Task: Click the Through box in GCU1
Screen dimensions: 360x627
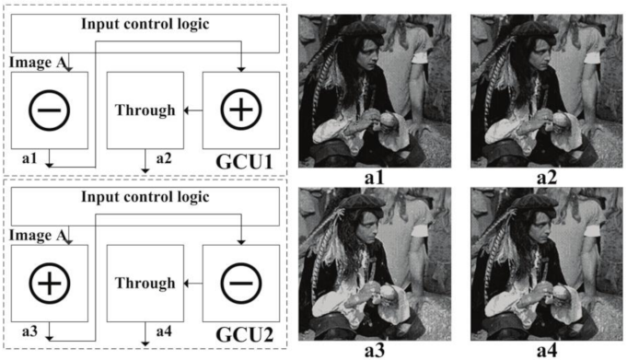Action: [145, 110]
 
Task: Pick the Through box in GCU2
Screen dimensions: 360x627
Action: [145, 282]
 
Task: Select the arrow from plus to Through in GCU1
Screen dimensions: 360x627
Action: [192, 110]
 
